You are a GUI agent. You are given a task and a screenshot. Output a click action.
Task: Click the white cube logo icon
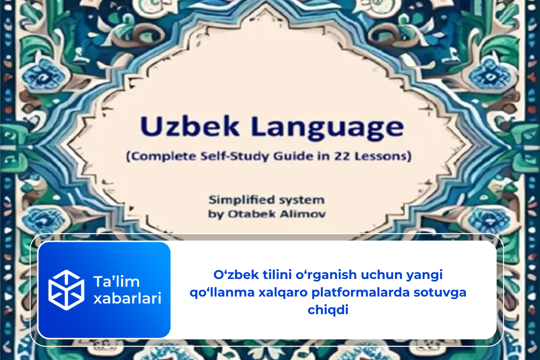point(67,290)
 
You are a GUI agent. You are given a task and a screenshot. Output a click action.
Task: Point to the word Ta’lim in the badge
point(117,282)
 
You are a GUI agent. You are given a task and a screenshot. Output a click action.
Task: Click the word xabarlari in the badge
point(127,299)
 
